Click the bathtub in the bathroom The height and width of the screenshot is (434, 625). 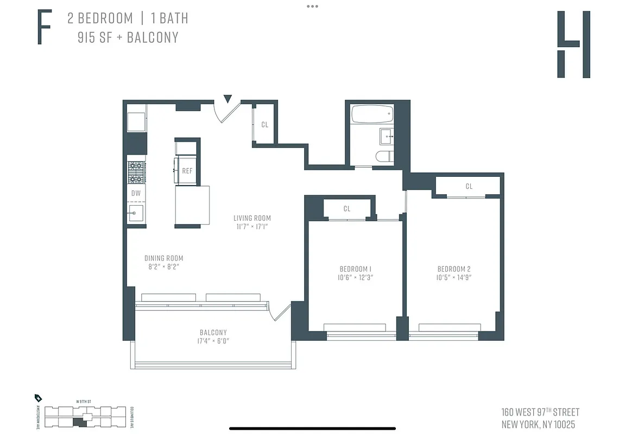tap(372, 114)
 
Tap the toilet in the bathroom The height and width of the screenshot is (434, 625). tap(383, 157)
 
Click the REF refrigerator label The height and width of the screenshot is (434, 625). tap(187, 171)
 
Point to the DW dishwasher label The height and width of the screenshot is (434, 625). tap(136, 193)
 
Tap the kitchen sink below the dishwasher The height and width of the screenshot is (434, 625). tap(135, 213)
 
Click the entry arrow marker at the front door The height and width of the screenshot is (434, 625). tap(228, 99)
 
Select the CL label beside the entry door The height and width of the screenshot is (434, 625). tap(264, 125)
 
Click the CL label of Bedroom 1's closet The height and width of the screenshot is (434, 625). tap(347, 209)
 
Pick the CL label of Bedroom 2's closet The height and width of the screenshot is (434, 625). tap(469, 186)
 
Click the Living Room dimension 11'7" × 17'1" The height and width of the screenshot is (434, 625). tap(252, 227)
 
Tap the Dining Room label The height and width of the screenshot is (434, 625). tap(163, 258)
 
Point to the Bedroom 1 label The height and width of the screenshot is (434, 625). tap(355, 269)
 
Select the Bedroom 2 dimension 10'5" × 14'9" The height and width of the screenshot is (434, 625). tap(454, 277)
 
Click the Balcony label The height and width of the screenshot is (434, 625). tap(213, 333)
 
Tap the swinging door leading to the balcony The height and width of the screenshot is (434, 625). tap(280, 311)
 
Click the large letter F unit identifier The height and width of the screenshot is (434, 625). tap(45, 28)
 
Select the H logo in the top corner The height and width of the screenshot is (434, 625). tap(573, 44)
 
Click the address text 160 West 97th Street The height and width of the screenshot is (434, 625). tap(540, 412)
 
